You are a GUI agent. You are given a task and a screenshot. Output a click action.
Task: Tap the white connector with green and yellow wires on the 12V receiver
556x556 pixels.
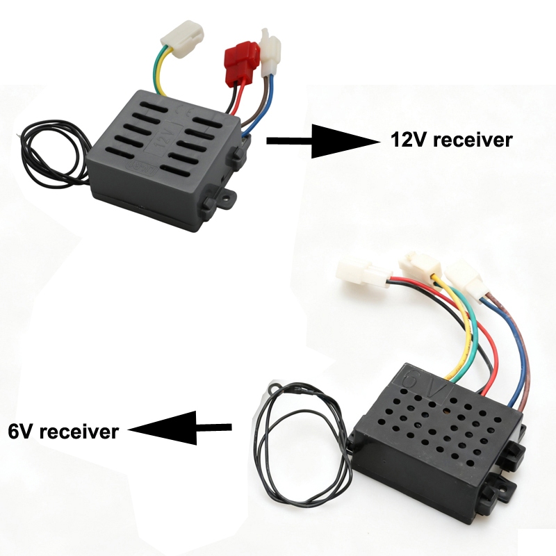click(x=182, y=38)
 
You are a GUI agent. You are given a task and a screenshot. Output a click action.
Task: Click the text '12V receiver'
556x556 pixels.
click(x=451, y=140)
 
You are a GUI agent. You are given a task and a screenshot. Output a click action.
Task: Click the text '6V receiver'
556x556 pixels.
click(x=63, y=432)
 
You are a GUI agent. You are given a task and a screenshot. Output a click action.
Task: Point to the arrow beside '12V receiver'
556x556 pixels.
click(x=323, y=141)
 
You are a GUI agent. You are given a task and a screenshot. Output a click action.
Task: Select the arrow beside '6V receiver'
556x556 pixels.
click(x=179, y=427)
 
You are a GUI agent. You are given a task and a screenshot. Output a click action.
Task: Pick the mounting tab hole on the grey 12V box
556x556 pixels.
click(x=225, y=196)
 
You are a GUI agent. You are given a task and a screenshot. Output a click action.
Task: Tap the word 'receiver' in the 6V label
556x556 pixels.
click(x=79, y=432)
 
